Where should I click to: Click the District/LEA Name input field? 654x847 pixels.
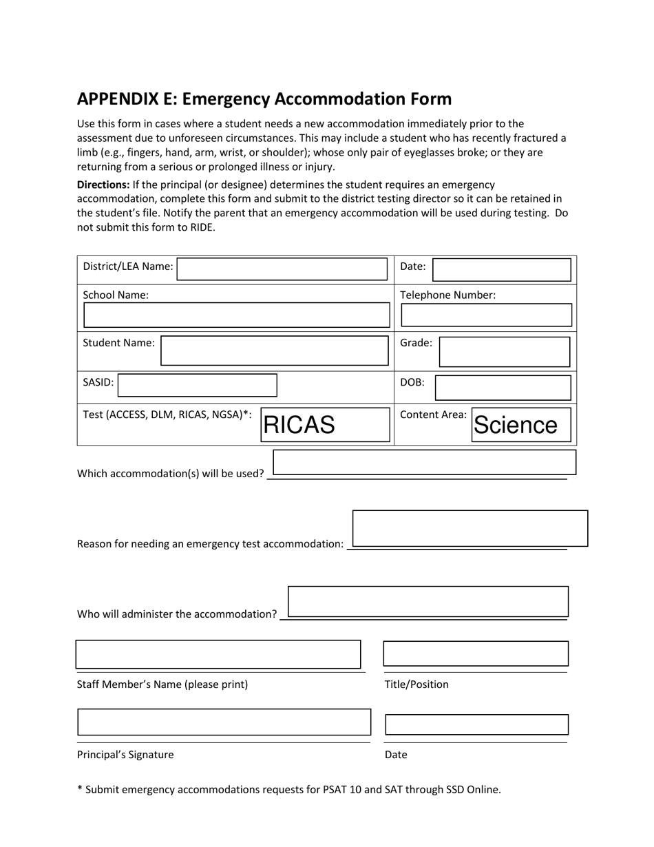tap(282, 269)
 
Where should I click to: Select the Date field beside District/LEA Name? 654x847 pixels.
tap(502, 270)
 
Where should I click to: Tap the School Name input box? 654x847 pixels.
tap(237, 315)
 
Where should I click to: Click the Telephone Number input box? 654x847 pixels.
tap(486, 315)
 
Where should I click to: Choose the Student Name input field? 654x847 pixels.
tap(275, 351)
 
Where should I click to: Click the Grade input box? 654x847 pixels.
tap(505, 352)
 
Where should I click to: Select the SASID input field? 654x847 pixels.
tap(198, 386)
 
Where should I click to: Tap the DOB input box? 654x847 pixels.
tap(503, 388)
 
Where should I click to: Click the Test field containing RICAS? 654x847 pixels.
tap(325, 425)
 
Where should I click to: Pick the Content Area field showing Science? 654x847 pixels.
tap(521, 425)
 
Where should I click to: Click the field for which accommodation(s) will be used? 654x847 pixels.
tap(424, 463)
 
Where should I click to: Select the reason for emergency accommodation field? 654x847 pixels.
tap(470, 528)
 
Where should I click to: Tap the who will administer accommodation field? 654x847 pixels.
tap(428, 601)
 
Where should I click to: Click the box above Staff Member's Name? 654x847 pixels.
tap(218, 654)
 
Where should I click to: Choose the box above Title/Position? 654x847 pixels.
tap(476, 653)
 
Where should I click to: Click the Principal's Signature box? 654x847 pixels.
tap(224, 722)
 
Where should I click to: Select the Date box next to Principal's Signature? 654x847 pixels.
tap(476, 725)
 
